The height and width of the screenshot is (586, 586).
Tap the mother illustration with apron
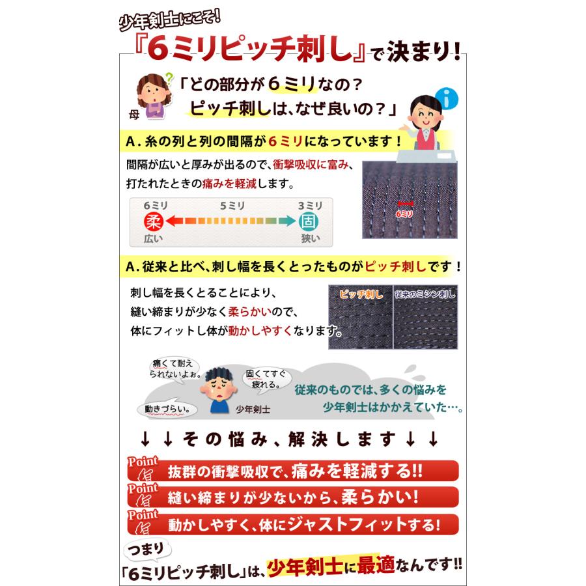coord(151,96)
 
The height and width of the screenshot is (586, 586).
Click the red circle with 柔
coord(155,221)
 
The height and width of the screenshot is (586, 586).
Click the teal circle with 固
coord(309,221)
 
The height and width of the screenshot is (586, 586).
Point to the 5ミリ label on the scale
coord(232,206)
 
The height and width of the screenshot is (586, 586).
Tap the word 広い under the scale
coord(154,238)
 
